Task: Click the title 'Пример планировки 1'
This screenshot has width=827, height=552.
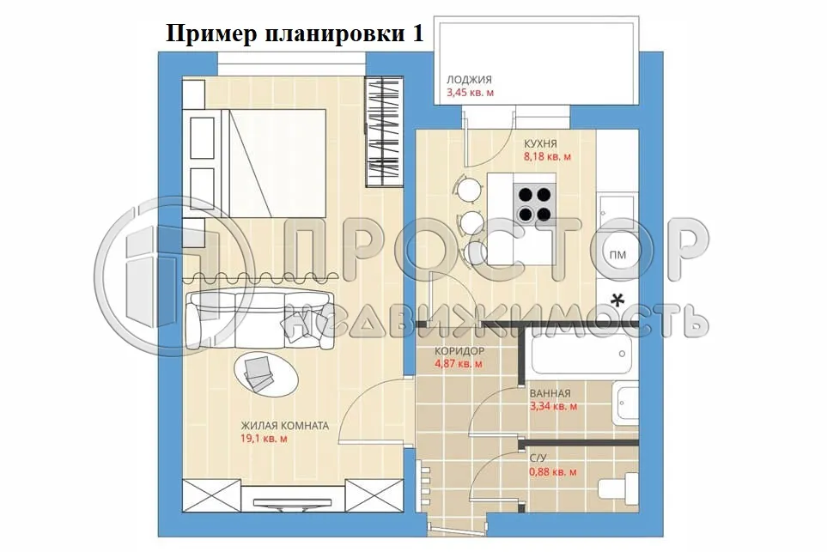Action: point(295,33)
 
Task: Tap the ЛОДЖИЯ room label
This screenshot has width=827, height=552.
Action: point(469,80)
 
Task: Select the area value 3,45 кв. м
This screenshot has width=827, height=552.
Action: point(470,93)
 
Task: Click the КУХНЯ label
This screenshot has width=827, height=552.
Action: point(540,143)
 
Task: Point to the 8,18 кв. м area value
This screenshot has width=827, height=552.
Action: point(547,156)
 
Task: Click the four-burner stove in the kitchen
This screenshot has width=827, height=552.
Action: point(534,204)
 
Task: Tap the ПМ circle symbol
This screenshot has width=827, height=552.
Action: point(617,255)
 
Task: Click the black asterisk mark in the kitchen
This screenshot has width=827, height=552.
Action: point(617,300)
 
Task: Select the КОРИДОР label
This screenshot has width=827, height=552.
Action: point(459,350)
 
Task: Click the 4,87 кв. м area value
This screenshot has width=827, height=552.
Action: point(459,363)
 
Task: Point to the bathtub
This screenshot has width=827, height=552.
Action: point(581,353)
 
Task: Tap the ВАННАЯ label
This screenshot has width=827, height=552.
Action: point(550,393)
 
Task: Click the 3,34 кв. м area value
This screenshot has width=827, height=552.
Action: point(553,406)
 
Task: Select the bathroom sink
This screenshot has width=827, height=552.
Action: point(625,403)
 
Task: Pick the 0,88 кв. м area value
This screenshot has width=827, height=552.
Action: point(553,472)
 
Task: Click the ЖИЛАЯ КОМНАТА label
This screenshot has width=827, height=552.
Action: point(285,426)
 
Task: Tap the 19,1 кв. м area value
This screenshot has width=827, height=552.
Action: point(265,439)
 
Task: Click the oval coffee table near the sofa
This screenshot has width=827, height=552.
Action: point(266,373)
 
